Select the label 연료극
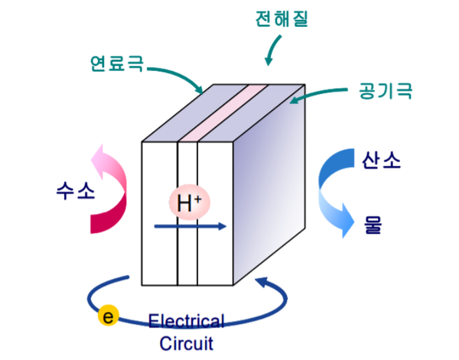coord(115,63)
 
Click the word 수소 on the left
coord(75,190)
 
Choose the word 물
coord(373,225)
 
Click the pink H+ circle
coord(189,203)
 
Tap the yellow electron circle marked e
coord(109,315)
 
